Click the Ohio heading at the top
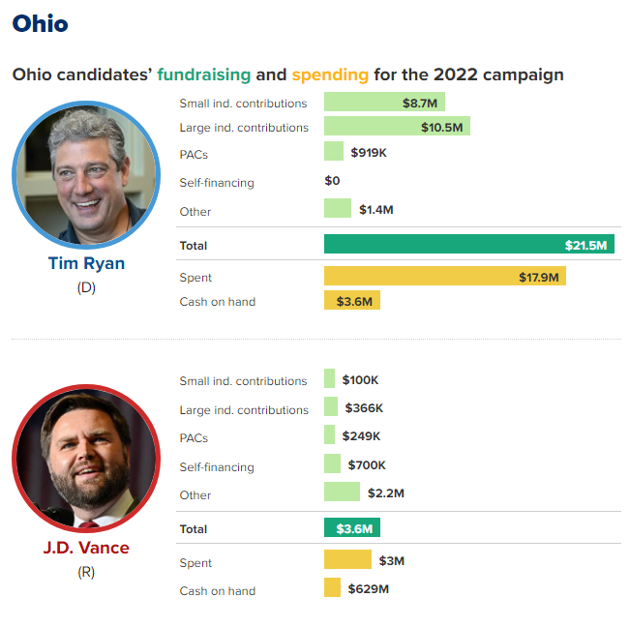coord(41,23)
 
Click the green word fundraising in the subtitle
coord(203,75)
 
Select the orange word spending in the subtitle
coord(329,75)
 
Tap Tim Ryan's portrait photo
coord(86,173)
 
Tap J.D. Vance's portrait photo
coord(86,457)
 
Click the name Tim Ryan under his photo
coord(86,263)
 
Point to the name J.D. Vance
coord(86,548)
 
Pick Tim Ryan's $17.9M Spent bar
coord(444,277)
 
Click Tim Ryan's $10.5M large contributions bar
coord(397,127)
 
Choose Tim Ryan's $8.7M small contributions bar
coord(384,102)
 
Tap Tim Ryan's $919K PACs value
coord(369,153)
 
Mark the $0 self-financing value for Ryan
coord(333,181)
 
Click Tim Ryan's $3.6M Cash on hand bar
coord(352,301)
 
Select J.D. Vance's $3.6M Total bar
coord(352,528)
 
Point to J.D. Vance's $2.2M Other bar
coord(342,493)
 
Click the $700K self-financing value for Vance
coord(367,465)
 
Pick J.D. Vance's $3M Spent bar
coord(347,560)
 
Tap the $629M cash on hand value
coord(369,588)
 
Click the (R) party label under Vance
coord(86,572)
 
